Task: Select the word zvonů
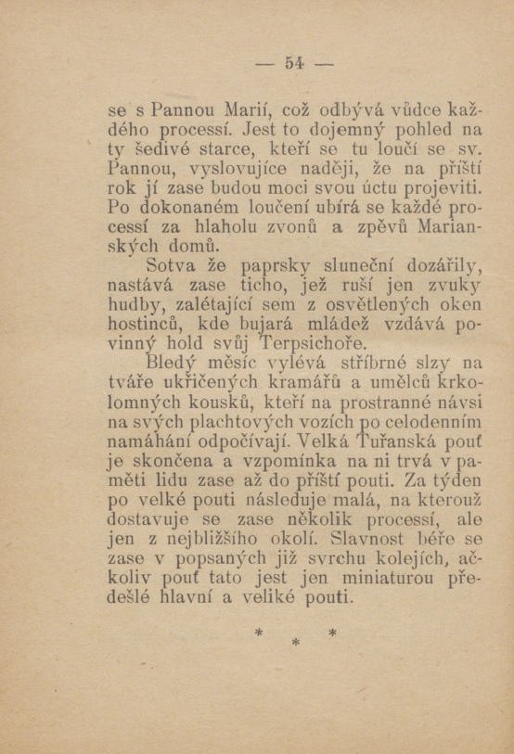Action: click(x=292, y=228)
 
